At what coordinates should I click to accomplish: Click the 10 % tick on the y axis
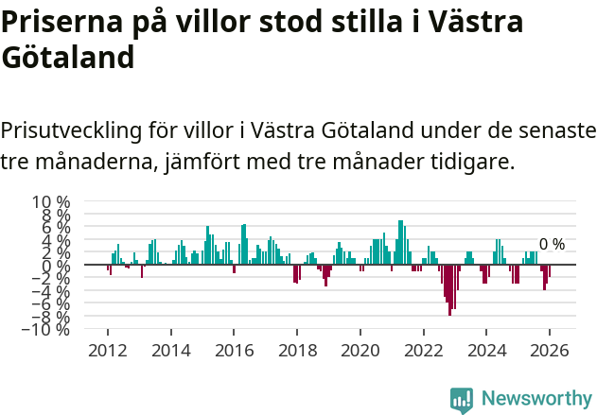point(51,202)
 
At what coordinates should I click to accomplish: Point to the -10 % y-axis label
point(47,330)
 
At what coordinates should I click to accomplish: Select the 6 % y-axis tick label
point(55,228)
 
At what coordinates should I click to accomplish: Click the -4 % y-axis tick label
point(51,291)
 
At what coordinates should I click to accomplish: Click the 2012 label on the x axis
point(107,350)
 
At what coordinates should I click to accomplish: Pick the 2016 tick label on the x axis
point(234,350)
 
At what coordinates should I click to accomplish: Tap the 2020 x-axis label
point(360,350)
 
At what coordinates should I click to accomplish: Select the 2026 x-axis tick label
point(551,350)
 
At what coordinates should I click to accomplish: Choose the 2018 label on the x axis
point(297,350)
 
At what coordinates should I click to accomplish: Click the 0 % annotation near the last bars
point(552,245)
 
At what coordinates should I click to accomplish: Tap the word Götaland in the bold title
point(68,59)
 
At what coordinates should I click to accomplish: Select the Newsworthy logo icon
point(462,399)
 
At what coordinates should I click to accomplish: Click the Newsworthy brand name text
point(536,399)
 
